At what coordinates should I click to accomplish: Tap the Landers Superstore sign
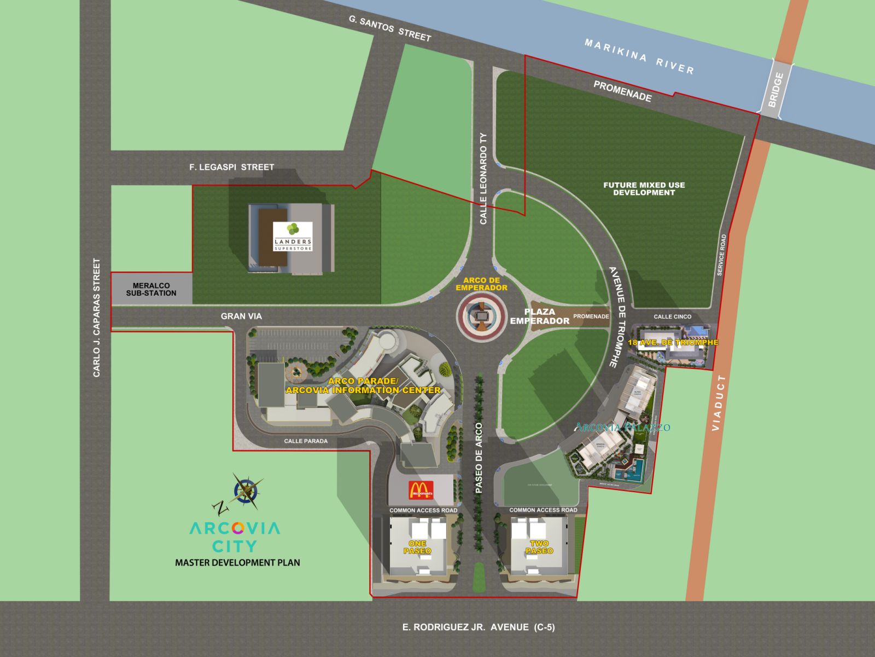293,237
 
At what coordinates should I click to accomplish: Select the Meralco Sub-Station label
151,289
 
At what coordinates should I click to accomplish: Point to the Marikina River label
639,56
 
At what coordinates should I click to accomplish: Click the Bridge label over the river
775,90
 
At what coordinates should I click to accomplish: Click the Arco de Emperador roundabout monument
481,316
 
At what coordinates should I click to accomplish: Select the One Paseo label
417,547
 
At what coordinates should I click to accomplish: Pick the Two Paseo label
539,547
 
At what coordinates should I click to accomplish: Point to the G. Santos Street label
390,28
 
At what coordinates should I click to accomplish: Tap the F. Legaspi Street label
231,167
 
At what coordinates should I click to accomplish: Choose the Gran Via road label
241,316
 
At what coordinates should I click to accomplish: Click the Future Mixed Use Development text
644,188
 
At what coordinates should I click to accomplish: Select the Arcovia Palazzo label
623,427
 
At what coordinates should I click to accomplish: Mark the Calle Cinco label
672,316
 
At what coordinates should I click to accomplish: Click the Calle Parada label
306,441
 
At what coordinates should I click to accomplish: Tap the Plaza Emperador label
539,316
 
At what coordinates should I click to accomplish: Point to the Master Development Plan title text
237,562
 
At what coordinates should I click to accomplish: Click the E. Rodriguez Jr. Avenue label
479,627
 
